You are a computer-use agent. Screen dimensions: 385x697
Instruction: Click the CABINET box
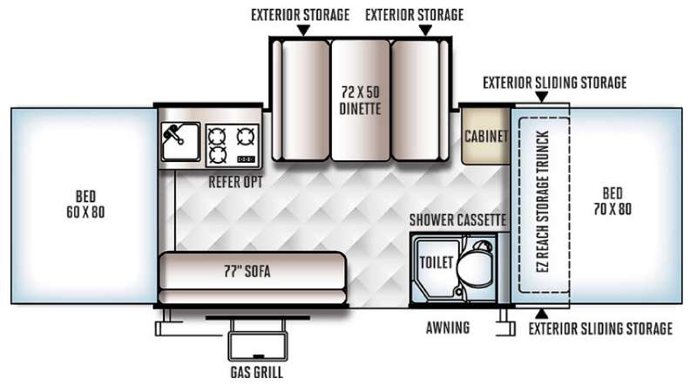(486, 136)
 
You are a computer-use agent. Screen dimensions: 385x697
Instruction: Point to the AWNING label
(450, 328)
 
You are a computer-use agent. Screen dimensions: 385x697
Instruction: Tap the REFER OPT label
(235, 183)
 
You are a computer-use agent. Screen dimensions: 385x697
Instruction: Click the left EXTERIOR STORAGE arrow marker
(302, 30)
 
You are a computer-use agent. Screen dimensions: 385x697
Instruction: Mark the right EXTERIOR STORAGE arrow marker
(425, 30)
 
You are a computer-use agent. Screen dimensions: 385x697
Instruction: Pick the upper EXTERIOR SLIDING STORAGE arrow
(542, 98)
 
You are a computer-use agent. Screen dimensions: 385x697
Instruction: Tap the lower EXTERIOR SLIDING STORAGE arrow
(542, 312)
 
